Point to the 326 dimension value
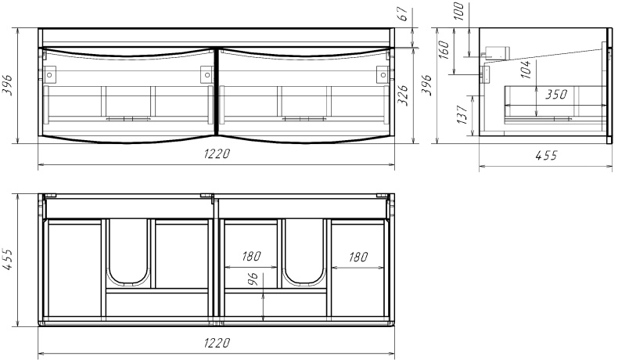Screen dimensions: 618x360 coord(403,95)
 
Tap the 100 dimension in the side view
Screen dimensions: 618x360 coord(458,11)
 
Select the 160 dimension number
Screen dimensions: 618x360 coord(444,49)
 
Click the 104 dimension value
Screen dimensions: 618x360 coord(526,70)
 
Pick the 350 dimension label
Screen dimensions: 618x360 coord(556,94)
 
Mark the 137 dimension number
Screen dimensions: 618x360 coord(462,115)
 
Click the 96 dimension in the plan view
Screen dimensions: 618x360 coord(253,279)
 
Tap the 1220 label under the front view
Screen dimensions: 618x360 coord(217,153)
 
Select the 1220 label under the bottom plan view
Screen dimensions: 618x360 coord(217,343)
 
